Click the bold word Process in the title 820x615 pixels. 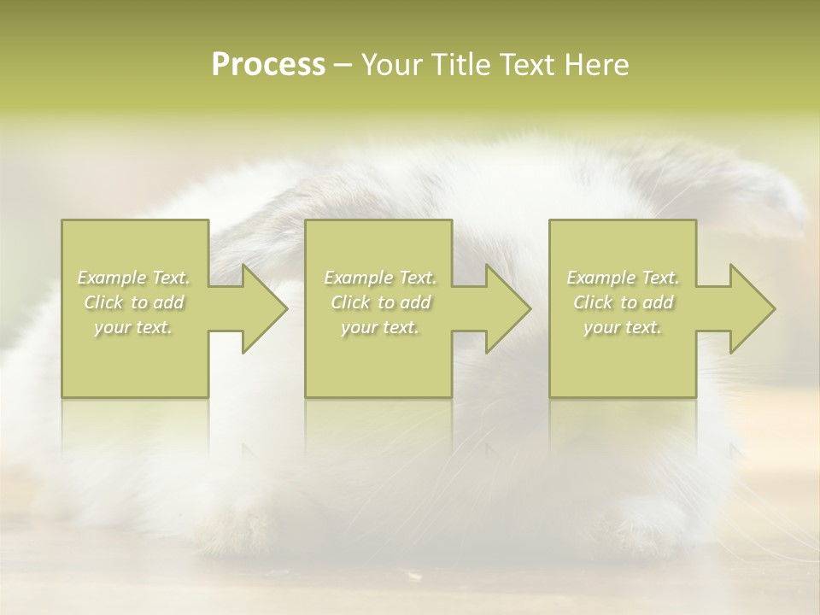click(x=268, y=65)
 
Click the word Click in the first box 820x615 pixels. click(x=102, y=302)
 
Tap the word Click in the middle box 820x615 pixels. click(x=349, y=302)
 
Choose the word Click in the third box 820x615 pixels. click(x=592, y=302)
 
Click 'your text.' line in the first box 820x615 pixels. click(x=133, y=327)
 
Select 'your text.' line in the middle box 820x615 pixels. click(x=379, y=327)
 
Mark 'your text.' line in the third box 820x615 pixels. click(x=622, y=327)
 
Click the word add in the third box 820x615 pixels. click(x=659, y=302)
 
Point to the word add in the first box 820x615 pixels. click(x=169, y=302)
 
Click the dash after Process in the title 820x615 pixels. click(x=343, y=65)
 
